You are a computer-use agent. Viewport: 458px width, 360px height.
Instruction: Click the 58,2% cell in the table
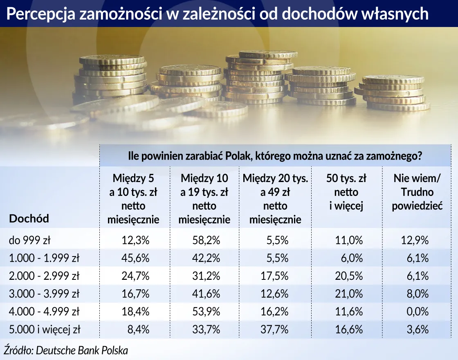(x=206, y=240)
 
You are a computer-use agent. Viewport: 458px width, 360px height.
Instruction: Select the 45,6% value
(x=135, y=258)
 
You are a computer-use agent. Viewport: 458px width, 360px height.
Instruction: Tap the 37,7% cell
(x=274, y=330)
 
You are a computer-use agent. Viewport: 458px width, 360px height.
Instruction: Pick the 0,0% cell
(x=418, y=312)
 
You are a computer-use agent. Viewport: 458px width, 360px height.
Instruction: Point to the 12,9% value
(x=415, y=240)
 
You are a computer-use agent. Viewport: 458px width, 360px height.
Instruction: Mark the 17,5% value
(x=274, y=276)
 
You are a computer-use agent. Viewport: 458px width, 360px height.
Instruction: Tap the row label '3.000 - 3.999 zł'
(x=44, y=294)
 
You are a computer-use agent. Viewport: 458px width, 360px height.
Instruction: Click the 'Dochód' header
(x=29, y=218)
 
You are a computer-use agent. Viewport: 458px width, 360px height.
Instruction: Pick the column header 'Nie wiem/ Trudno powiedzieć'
(x=417, y=192)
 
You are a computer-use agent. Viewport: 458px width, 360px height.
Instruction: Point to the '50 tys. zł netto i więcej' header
(x=346, y=192)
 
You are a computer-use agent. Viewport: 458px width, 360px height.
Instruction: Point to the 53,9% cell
(x=206, y=312)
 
